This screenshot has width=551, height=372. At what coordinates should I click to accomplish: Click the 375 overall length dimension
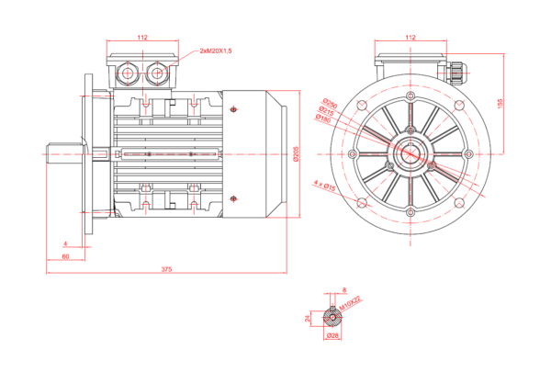pos(166,269)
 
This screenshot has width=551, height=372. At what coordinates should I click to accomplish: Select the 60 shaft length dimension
pos(65,256)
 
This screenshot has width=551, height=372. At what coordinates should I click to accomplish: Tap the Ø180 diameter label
pos(322,118)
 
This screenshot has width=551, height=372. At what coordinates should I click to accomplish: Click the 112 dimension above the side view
pos(143,38)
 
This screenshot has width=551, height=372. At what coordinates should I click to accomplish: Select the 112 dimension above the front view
pos(410,38)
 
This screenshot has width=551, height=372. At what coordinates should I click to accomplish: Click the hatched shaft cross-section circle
pos(332,319)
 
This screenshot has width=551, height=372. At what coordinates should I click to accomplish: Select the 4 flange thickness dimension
pos(65,243)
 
